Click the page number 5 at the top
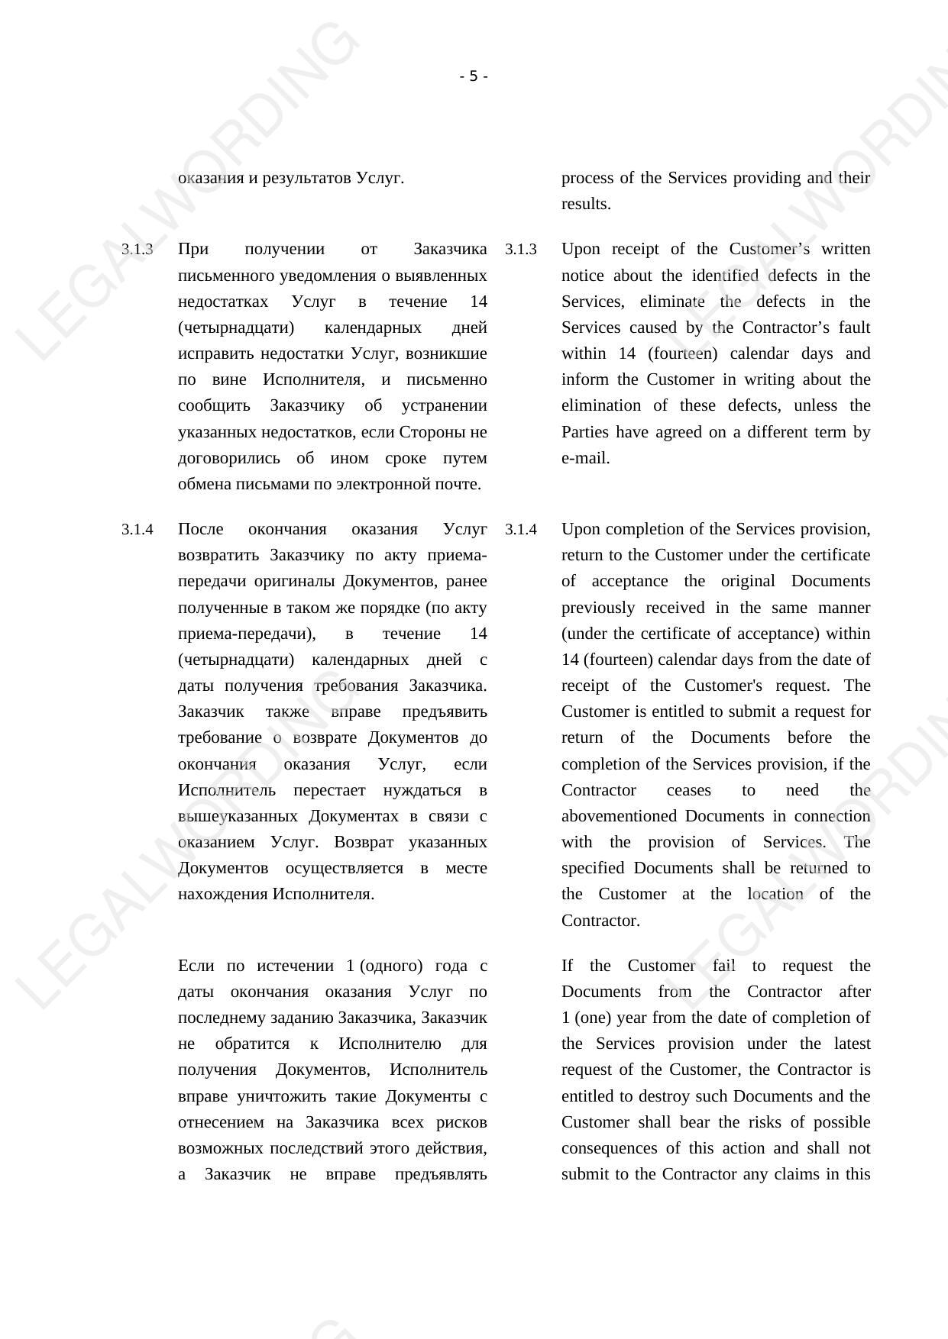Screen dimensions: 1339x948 474,76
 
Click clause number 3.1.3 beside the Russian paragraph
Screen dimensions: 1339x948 138,250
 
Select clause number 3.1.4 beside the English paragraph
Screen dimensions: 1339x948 521,530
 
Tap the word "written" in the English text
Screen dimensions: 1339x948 846,250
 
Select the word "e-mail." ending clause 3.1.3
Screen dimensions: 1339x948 586,458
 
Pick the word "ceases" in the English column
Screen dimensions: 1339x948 688,790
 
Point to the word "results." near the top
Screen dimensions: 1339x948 586,204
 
